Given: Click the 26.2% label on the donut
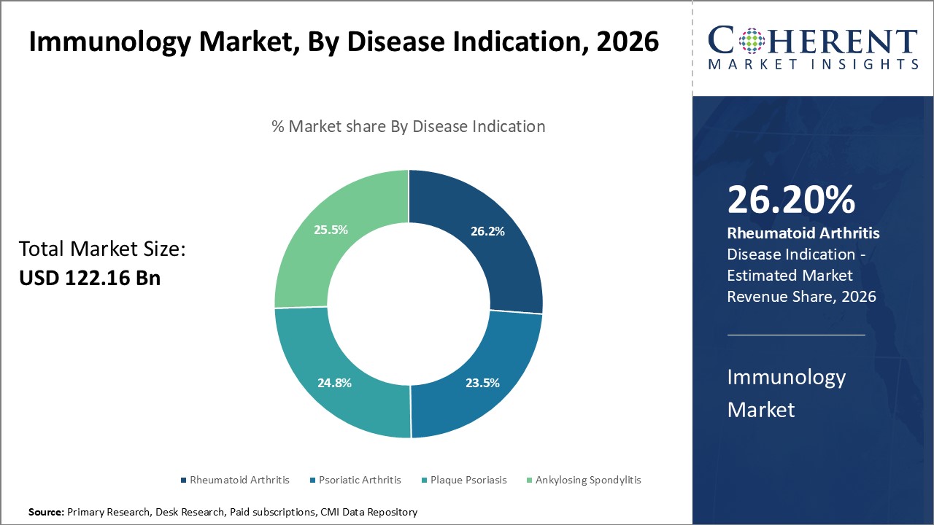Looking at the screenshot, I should click(x=487, y=231).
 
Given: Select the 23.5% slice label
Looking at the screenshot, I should click(x=482, y=382).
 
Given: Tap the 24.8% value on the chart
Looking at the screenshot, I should click(x=334, y=382).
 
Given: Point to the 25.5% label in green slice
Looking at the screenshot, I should click(x=331, y=229).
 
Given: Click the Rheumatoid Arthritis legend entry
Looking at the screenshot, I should click(x=235, y=480).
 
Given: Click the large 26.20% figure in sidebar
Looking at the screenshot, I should click(x=791, y=200).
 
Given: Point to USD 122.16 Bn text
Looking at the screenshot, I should click(x=90, y=278).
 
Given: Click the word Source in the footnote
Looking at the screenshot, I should click(x=46, y=513).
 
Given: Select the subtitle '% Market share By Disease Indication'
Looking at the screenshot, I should click(x=408, y=126).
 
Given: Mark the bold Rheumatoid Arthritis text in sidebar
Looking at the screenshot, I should click(x=803, y=233).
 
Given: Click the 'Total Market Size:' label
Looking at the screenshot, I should click(x=103, y=249).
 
